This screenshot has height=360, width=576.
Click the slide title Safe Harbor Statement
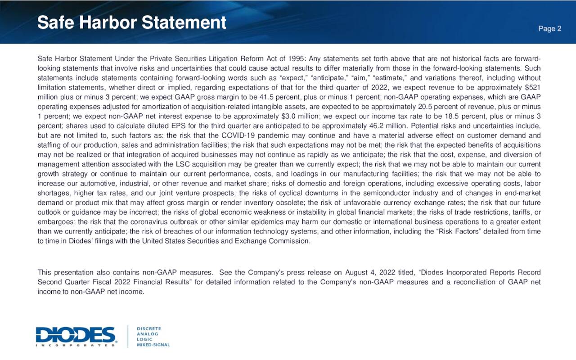click(x=131, y=22)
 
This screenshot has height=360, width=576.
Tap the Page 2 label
click(x=550, y=29)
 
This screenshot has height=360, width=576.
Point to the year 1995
click(x=295, y=59)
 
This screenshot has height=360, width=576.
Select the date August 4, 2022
click(x=369, y=272)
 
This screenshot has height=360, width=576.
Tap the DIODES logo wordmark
click(x=76, y=335)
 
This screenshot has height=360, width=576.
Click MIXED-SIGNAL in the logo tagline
click(x=153, y=345)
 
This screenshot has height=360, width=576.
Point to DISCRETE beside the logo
click(x=149, y=328)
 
